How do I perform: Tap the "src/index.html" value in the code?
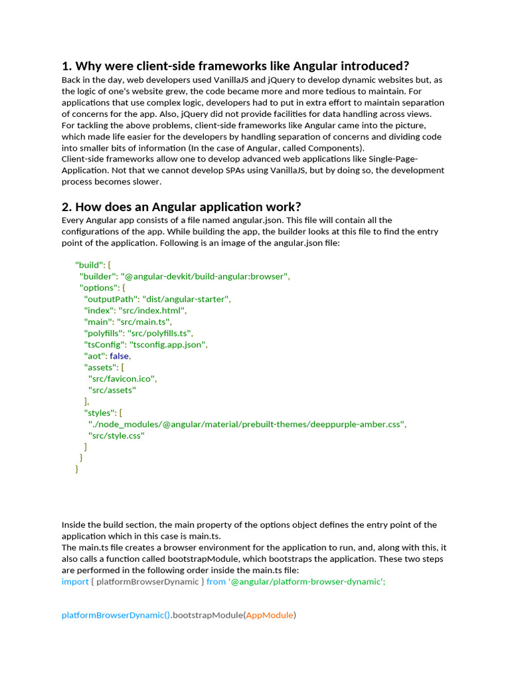[153, 310]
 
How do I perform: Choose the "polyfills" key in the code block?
[103, 333]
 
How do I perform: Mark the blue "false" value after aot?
[120, 356]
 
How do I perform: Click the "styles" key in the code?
[98, 412]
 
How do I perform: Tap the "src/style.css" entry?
[116, 436]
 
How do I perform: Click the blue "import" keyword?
[75, 581]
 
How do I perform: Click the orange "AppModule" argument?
[269, 615]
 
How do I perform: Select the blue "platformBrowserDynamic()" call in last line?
[116, 615]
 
